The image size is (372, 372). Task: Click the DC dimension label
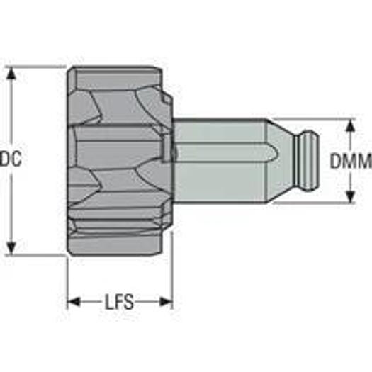pyautogui.click(x=11, y=160)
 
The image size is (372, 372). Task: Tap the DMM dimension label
pyautogui.click(x=351, y=161)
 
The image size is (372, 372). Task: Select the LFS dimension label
pyautogui.click(x=119, y=303)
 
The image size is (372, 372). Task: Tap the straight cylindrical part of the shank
pyautogui.click(x=220, y=160)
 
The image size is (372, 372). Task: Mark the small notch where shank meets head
pyautogui.click(x=167, y=149)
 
